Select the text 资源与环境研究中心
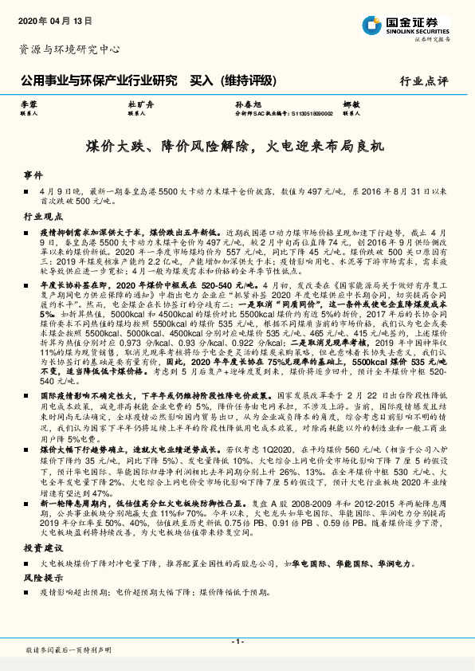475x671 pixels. coord(69,49)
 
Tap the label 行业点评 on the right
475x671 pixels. coord(424,80)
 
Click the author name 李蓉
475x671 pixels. coord(29,105)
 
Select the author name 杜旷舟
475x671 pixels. coord(138,105)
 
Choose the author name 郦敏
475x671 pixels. coord(351,105)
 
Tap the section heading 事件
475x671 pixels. coord(32,174)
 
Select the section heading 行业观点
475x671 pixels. coord(41,216)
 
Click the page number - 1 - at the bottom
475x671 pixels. coord(237,642)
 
